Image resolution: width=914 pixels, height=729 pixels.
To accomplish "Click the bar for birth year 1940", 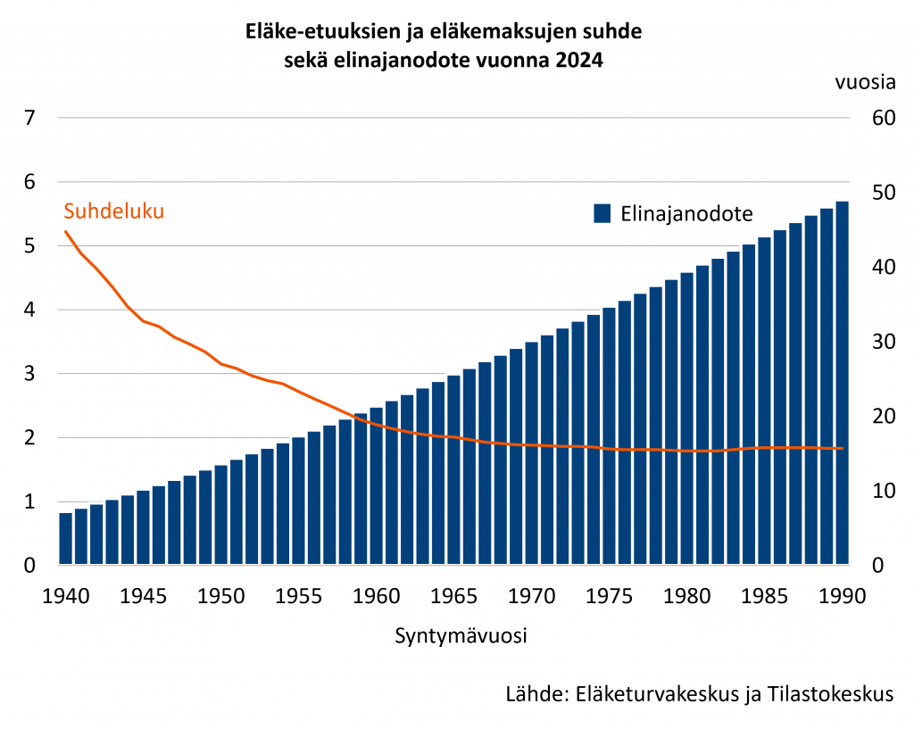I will [65, 539].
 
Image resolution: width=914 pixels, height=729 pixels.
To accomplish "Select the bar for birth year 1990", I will [842, 384].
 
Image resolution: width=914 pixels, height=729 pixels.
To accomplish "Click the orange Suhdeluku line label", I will [114, 212].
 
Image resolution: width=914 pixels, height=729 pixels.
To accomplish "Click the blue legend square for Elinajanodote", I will [602, 214].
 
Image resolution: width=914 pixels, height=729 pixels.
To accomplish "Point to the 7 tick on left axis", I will [29, 118].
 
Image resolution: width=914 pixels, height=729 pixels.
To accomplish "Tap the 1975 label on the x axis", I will [609, 595].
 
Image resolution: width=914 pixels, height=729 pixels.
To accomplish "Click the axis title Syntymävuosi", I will [460, 637].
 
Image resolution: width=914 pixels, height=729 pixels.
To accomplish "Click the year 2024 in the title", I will [579, 62].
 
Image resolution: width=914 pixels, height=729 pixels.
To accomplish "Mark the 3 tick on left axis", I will [29, 374].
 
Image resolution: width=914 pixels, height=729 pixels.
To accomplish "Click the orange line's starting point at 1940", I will [65, 232].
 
